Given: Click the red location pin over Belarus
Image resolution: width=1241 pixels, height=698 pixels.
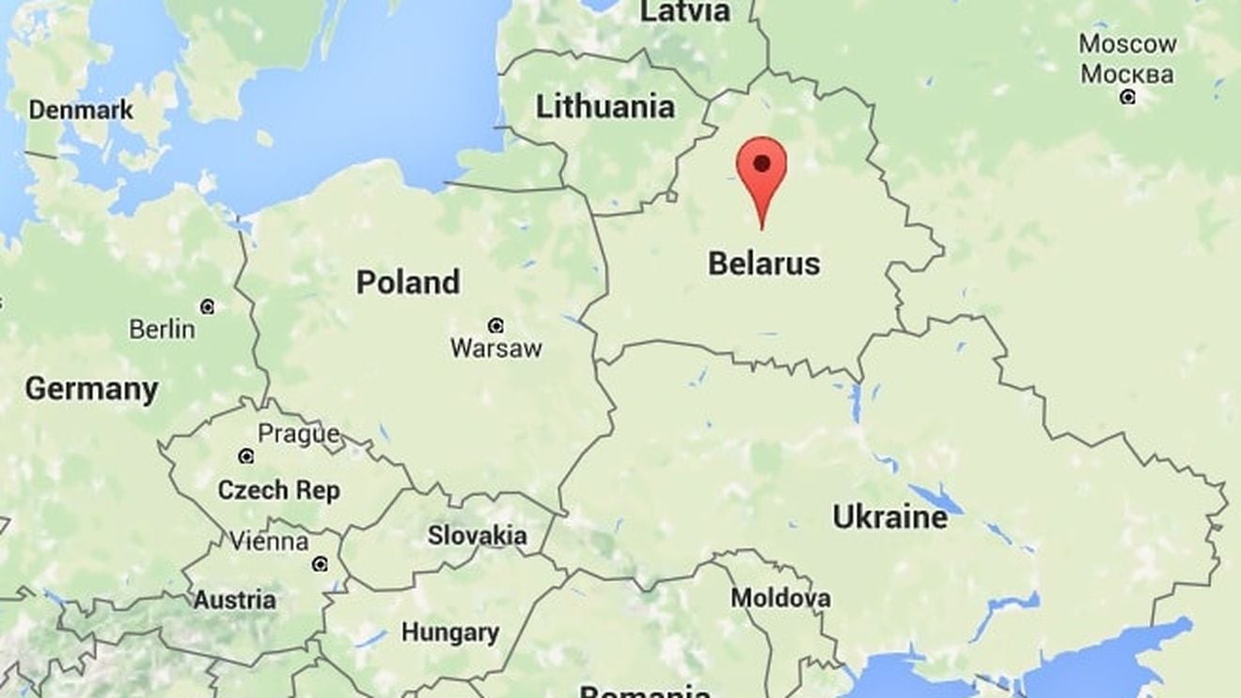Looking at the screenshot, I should click(762, 167).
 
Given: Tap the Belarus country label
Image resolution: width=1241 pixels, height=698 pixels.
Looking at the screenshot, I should click(763, 264).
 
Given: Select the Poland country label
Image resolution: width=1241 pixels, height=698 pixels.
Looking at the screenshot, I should click(408, 282).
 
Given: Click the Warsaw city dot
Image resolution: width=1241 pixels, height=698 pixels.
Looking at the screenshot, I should click(495, 326).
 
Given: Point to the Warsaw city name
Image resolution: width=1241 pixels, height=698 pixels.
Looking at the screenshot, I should click(495, 349).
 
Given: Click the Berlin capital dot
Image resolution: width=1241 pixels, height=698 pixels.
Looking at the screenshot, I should click(207, 306).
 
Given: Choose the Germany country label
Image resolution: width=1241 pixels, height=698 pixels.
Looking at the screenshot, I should click(91, 388).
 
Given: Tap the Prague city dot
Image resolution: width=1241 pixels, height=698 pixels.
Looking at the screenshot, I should click(246, 456).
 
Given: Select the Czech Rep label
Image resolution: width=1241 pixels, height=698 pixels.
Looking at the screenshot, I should click(278, 490).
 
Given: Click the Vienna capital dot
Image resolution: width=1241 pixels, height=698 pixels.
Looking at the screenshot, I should click(320, 564).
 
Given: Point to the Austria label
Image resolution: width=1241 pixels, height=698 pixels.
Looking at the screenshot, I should click(235, 600).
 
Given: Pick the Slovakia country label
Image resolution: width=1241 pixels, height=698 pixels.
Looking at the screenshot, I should click(477, 535).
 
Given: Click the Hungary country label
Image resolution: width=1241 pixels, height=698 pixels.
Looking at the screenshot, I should click(449, 632).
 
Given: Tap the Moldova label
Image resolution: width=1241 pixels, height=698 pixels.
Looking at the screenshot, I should click(780, 597).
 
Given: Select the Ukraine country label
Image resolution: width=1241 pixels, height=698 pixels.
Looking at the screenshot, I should click(889, 518).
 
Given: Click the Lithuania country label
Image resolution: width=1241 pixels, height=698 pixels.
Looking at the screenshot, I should click(605, 107).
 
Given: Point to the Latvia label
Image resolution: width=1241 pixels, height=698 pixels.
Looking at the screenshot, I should click(684, 11).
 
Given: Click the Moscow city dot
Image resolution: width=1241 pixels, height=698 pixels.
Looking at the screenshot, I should click(1127, 97).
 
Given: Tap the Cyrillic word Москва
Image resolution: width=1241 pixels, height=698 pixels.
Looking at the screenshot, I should click(1127, 73).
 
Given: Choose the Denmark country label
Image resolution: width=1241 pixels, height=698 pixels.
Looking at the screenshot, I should click(81, 110).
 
